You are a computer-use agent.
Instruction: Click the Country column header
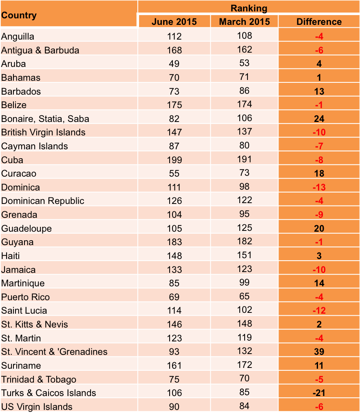pos(19,15)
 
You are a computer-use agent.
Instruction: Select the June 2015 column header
pos(174,22)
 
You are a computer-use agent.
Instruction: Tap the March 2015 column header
pos(244,22)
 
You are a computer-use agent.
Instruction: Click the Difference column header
pos(319,22)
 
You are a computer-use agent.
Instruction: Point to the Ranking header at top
pos(249,8)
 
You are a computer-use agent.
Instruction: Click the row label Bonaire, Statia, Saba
pos(45,119)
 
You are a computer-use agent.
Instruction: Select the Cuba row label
pos(12,160)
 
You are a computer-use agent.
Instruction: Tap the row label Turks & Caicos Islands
pos(49,393)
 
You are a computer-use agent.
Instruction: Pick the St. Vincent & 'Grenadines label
pos(54,352)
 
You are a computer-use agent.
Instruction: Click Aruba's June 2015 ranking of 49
pos(174,64)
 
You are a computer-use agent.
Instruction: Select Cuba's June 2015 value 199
pos(174,160)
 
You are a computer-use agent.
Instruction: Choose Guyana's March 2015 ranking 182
pos(244,241)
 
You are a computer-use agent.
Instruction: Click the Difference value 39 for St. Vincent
pos(319,352)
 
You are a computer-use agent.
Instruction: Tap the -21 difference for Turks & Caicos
pos(319,393)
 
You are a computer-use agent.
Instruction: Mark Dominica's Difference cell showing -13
pos(319,188)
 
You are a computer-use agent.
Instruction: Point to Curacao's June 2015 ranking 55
pos(174,174)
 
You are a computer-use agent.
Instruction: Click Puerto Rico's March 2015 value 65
pos(244,296)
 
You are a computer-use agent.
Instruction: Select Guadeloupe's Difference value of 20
pos(319,228)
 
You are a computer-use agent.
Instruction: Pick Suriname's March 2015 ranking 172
pos(244,365)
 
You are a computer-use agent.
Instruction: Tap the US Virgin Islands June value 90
pos(174,407)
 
